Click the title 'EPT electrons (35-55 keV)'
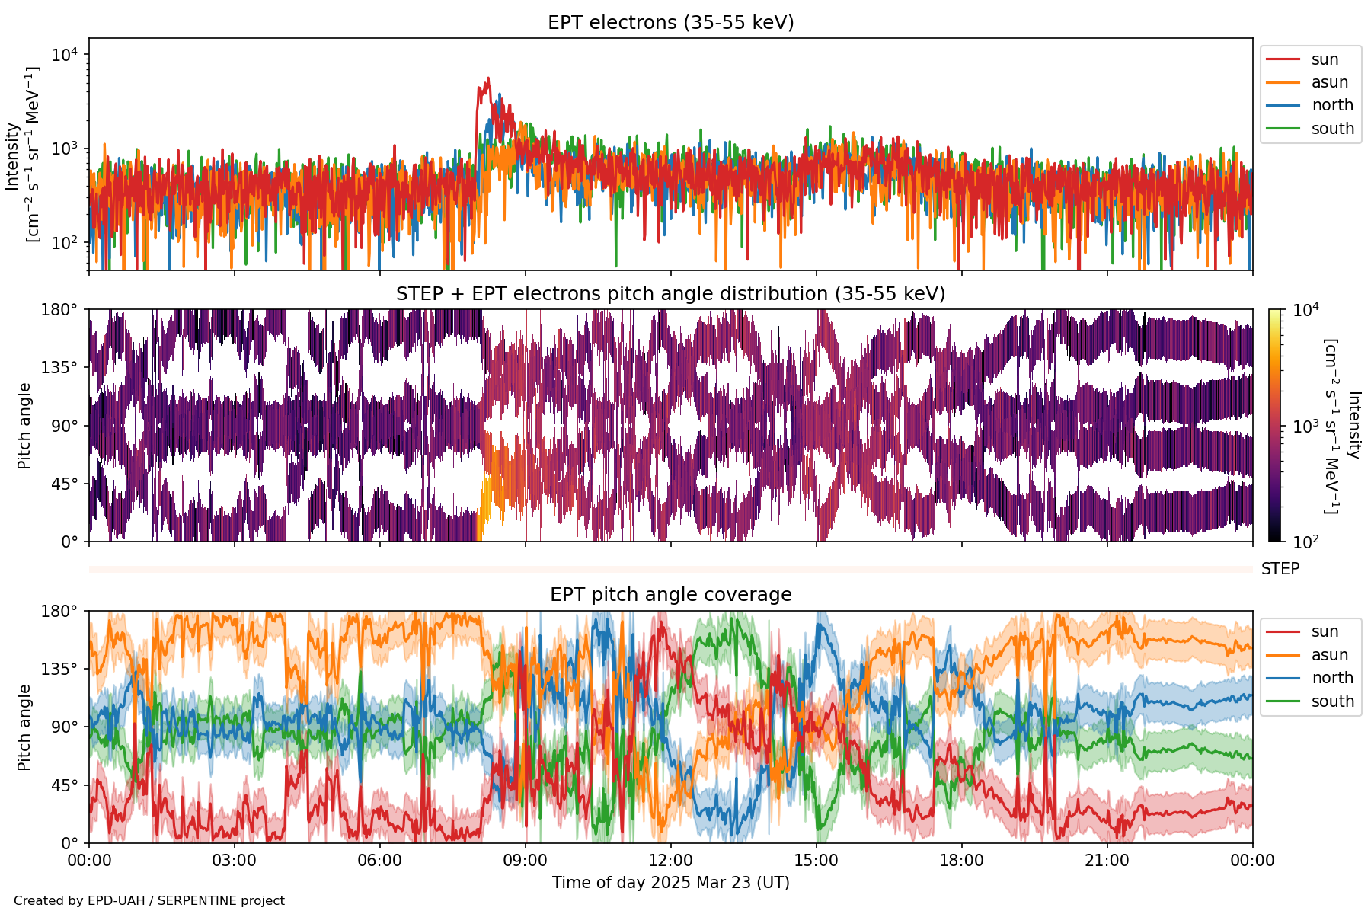click(x=670, y=23)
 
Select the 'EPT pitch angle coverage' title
click(x=670, y=595)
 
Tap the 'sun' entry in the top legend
click(x=1325, y=59)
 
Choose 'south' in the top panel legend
click(x=1332, y=129)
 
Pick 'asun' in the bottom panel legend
click(x=1329, y=655)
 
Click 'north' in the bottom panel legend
click(x=1332, y=678)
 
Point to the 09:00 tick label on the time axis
click(x=525, y=861)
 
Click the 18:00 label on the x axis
click(x=961, y=861)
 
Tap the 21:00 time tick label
click(x=1107, y=861)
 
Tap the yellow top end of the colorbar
click(x=1274, y=312)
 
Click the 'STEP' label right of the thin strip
click(x=1280, y=569)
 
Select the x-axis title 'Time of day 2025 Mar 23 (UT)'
click(x=670, y=883)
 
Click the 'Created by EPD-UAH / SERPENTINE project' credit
click(x=149, y=901)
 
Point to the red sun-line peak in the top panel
click(x=487, y=78)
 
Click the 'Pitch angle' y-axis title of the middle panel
click(x=24, y=426)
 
